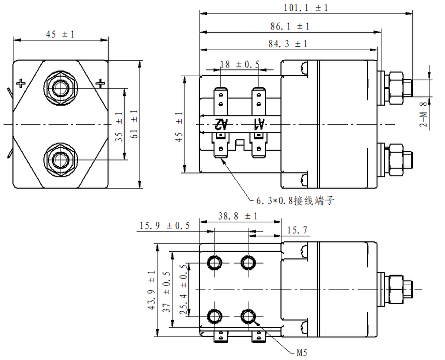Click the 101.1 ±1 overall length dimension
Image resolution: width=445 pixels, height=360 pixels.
(x=306, y=8)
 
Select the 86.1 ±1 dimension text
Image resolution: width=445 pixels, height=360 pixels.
(x=289, y=26)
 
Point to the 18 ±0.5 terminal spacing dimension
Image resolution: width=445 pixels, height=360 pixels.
(x=240, y=65)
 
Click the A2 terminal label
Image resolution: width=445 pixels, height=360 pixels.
(x=221, y=124)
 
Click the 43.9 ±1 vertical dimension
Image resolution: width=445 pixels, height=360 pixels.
(x=152, y=290)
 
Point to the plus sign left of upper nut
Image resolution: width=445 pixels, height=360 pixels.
(x=21, y=82)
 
